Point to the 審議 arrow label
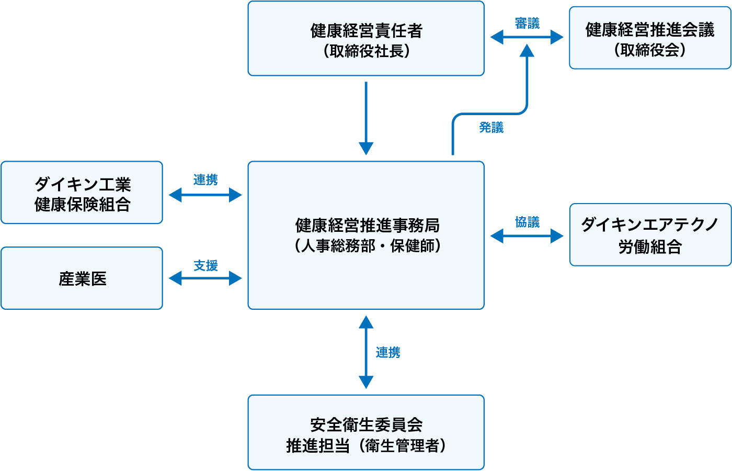527,24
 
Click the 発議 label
491,127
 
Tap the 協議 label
527,222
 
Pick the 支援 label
205,266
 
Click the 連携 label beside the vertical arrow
388,353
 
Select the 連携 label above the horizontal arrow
205,180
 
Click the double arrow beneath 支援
205,278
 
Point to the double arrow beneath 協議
527,236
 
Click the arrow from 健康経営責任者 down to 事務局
366,118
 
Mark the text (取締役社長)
366,51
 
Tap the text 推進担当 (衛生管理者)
366,445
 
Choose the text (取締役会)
650,50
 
